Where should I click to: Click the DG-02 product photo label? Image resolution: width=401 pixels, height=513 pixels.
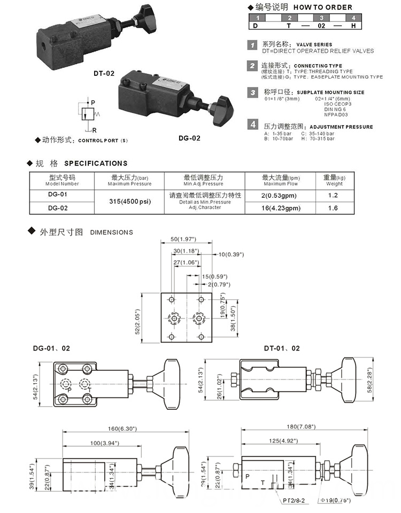189,138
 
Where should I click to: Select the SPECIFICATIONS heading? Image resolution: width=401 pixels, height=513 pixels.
96,163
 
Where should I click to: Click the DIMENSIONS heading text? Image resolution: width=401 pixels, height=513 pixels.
111,232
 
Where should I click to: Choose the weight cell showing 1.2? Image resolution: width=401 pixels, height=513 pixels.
333,196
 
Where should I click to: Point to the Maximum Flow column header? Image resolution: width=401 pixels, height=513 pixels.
280,180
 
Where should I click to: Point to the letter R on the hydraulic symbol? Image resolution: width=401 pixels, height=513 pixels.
94,130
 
